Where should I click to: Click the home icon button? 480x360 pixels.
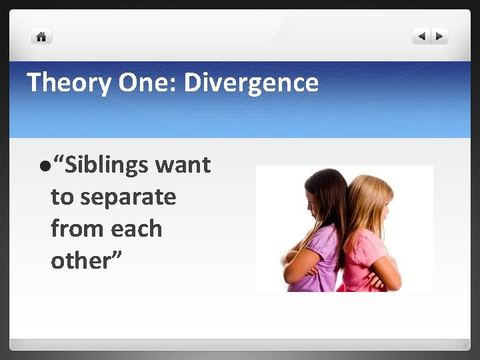pyautogui.click(x=41, y=37)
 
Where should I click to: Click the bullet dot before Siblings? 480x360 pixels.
pyautogui.click(x=43, y=165)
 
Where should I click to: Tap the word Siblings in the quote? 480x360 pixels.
pyautogui.click(x=106, y=165)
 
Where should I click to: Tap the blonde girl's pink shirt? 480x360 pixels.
pyautogui.click(x=364, y=253)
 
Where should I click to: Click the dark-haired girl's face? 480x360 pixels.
pyautogui.click(x=311, y=200)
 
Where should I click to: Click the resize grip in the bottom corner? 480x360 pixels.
pyautogui.click(x=465, y=345)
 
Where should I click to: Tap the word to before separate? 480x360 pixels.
pyautogui.click(x=62, y=197)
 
